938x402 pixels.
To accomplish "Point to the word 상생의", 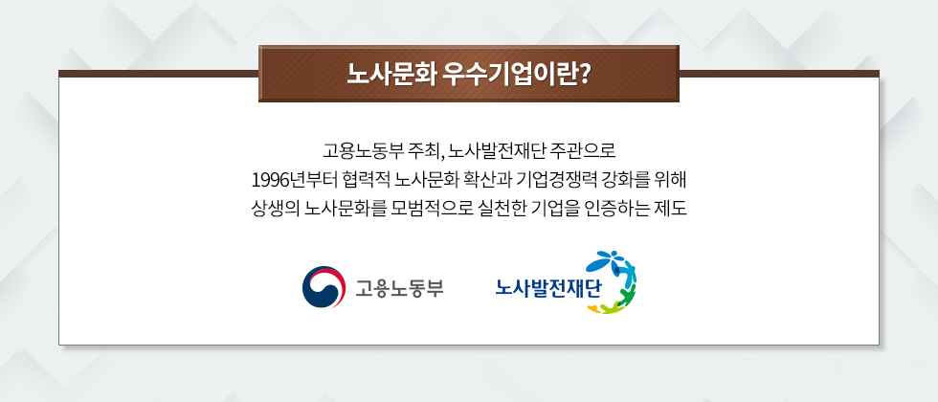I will [x=274, y=208].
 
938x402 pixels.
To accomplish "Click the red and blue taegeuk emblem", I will [x=322, y=287].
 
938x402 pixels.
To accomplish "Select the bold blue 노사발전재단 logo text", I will [x=547, y=286].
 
